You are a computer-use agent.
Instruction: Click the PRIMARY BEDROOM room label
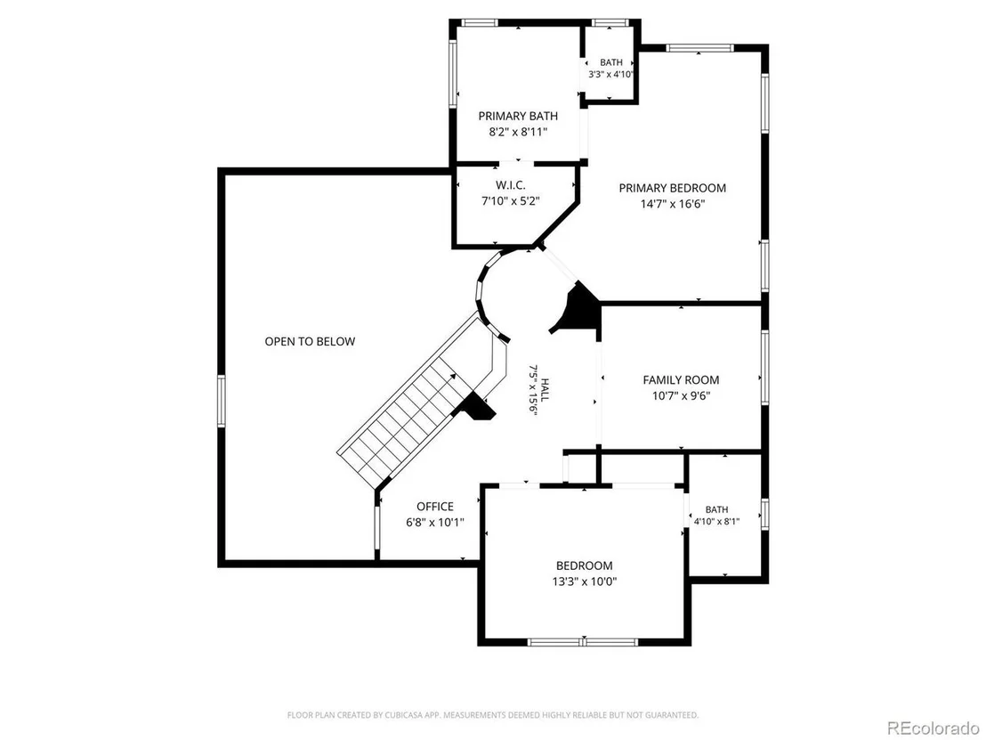672,188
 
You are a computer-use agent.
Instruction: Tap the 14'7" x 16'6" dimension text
672,204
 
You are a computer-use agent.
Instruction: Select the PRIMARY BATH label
518,116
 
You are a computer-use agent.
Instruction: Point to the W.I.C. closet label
510,185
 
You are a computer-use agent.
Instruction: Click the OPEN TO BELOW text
310,341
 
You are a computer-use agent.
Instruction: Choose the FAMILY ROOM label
681,379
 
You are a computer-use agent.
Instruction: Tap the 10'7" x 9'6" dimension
681,395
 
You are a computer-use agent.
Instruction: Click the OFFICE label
435,507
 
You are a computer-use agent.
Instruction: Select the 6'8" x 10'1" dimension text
435,523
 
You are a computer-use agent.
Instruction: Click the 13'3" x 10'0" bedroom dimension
584,581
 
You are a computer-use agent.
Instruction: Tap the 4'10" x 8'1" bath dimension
717,521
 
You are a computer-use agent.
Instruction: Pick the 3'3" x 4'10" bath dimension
610,74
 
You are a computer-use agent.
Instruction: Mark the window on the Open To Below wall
222,401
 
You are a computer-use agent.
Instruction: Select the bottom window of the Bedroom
583,642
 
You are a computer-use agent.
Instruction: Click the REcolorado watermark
932,728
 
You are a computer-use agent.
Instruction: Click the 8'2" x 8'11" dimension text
518,132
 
